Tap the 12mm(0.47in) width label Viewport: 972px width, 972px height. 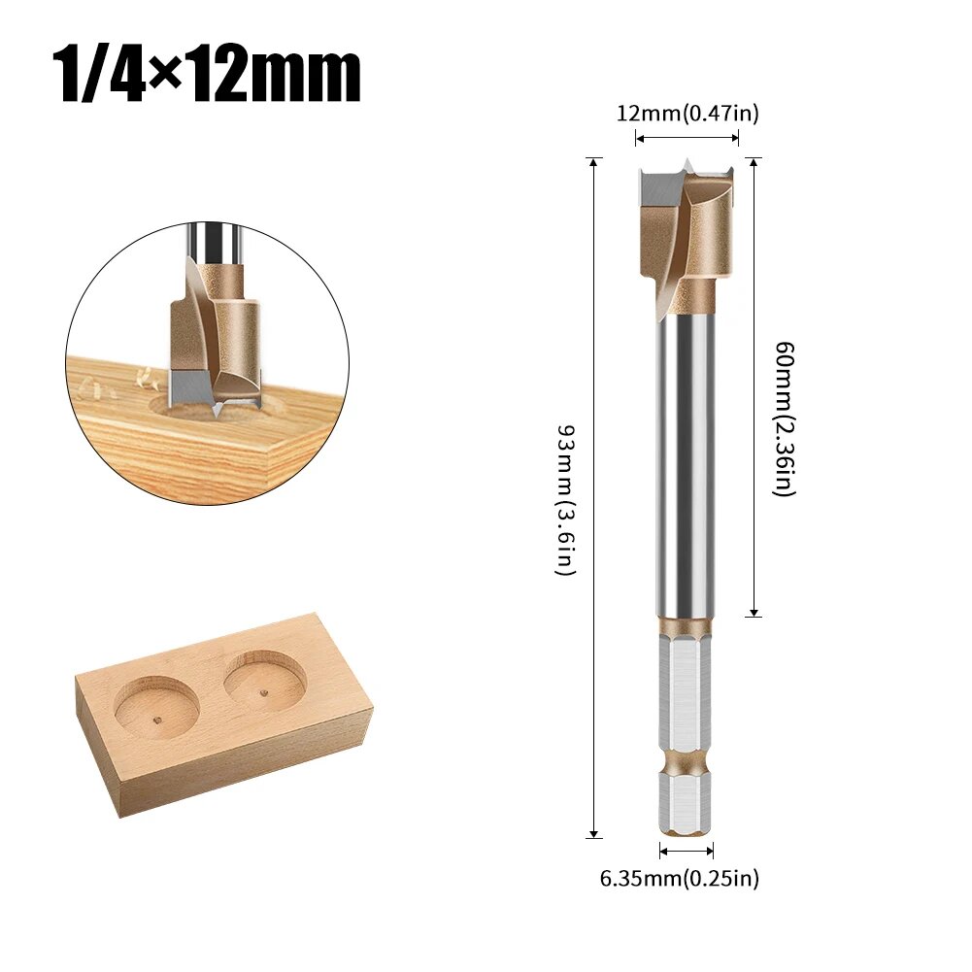click(687, 114)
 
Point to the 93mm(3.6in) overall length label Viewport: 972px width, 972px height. click(566, 499)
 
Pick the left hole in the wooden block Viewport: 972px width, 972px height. click(157, 708)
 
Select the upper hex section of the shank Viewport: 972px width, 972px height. click(687, 689)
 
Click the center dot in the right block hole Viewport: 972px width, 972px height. click(265, 692)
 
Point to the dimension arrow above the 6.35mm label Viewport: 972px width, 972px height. click(687, 852)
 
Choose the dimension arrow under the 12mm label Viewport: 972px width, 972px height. click(687, 139)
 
